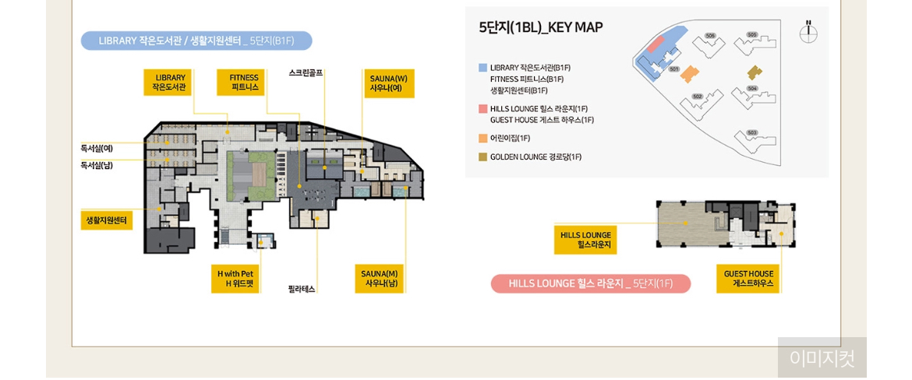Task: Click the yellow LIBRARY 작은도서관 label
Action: click(168, 83)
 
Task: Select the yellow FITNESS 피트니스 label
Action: click(241, 83)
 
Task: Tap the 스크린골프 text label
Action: click(306, 73)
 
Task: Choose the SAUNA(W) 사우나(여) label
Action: click(388, 83)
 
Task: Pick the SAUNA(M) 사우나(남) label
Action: click(380, 279)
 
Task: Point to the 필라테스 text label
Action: click(302, 289)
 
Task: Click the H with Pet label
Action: click(235, 279)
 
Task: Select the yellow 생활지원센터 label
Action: click(107, 220)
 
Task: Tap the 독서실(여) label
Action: click(97, 148)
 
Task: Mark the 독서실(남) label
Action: click(97, 165)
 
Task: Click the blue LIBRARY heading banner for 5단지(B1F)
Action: click(196, 40)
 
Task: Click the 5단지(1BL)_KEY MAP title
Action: click(540, 27)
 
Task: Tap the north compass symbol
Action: click(808, 33)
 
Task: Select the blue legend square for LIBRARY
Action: click(483, 68)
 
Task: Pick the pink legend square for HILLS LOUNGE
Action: click(483, 109)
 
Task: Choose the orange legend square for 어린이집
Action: click(483, 139)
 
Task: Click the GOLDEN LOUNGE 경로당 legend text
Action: click(536, 157)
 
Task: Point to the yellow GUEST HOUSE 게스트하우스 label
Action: click(748, 279)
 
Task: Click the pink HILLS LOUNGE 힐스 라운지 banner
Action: click(590, 283)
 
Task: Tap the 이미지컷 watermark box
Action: click(822, 357)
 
